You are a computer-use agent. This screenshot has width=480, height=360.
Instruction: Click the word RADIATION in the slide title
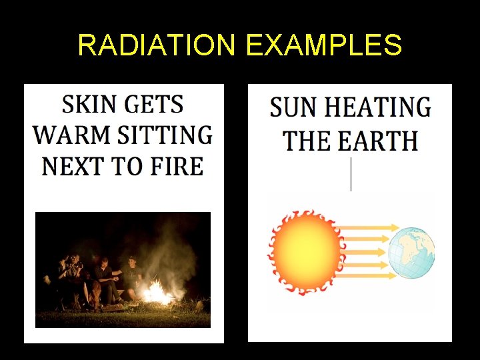point(157,45)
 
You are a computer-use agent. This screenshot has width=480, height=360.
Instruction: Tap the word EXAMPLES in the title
point(324,45)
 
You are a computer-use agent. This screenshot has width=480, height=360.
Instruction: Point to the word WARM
point(70,135)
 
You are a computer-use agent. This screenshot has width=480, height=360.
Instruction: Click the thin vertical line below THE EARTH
point(351,175)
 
